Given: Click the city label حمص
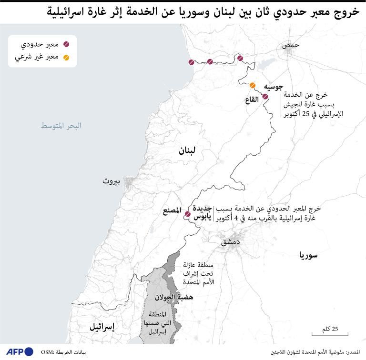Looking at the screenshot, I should [x=291, y=45].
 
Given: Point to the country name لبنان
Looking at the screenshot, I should [x=187, y=151].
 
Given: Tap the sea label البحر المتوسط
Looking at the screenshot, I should [x=61, y=126].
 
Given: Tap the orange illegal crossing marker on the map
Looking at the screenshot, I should [x=253, y=86].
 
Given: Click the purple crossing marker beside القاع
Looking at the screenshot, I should [x=265, y=97].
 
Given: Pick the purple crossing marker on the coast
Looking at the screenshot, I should [x=191, y=62].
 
